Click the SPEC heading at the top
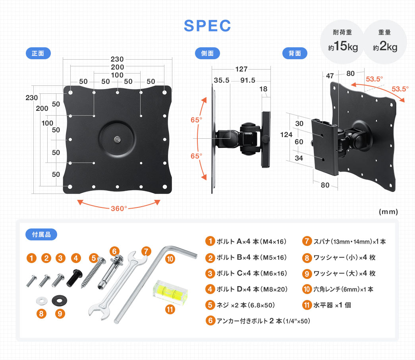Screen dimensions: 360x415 (x=207, y=26)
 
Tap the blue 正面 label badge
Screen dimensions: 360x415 (x=38, y=53)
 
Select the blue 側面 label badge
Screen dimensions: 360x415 (x=207, y=53)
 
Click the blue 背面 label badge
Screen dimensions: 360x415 (x=294, y=53)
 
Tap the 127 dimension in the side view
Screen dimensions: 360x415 (x=241, y=69)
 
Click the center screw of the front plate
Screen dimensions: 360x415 (x=118, y=139)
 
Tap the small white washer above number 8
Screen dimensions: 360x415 (x=41, y=298)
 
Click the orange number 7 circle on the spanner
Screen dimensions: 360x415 (x=146, y=251)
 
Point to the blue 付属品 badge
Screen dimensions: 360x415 (x=41, y=234)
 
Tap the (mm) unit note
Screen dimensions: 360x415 (x=388, y=212)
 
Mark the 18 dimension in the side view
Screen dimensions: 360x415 (x=264, y=89)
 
